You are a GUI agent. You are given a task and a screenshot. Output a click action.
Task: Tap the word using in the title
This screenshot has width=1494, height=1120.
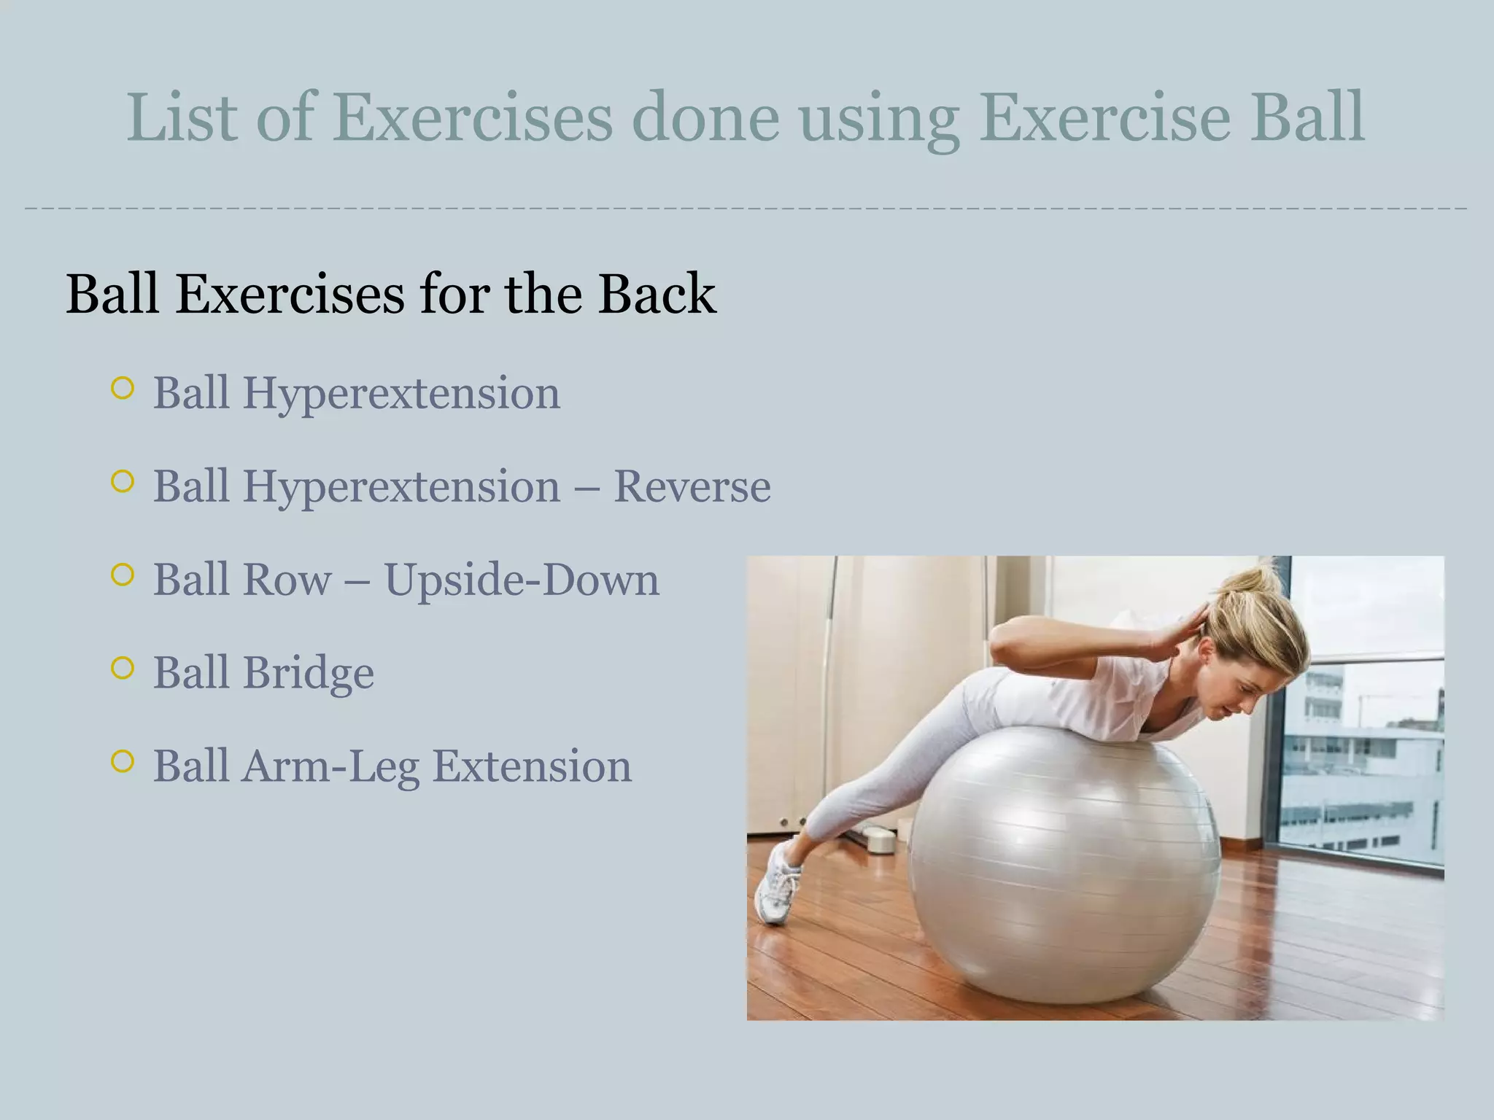(x=879, y=119)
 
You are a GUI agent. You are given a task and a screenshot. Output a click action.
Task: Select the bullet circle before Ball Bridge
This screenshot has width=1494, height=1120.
(x=123, y=668)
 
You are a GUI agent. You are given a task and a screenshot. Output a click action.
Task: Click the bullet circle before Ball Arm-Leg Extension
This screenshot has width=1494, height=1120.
(x=123, y=761)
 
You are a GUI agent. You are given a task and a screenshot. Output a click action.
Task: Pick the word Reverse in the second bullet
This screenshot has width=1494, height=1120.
(x=692, y=486)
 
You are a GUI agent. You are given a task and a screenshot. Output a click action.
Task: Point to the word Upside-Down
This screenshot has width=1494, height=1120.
(x=521, y=580)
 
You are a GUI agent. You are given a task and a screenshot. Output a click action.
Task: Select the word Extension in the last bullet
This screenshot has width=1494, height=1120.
(x=532, y=766)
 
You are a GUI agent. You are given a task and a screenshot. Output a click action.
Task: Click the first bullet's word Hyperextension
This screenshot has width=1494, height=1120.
(x=400, y=394)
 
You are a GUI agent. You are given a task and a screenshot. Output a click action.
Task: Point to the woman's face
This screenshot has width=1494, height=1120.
(x=1233, y=685)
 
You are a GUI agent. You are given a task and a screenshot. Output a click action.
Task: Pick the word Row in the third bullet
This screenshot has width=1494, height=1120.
(x=286, y=580)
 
